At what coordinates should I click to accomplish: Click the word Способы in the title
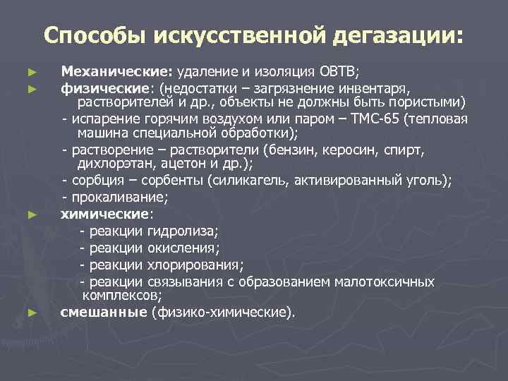(92, 35)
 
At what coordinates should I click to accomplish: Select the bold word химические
(104, 212)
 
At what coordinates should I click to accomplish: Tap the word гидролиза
(182, 231)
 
